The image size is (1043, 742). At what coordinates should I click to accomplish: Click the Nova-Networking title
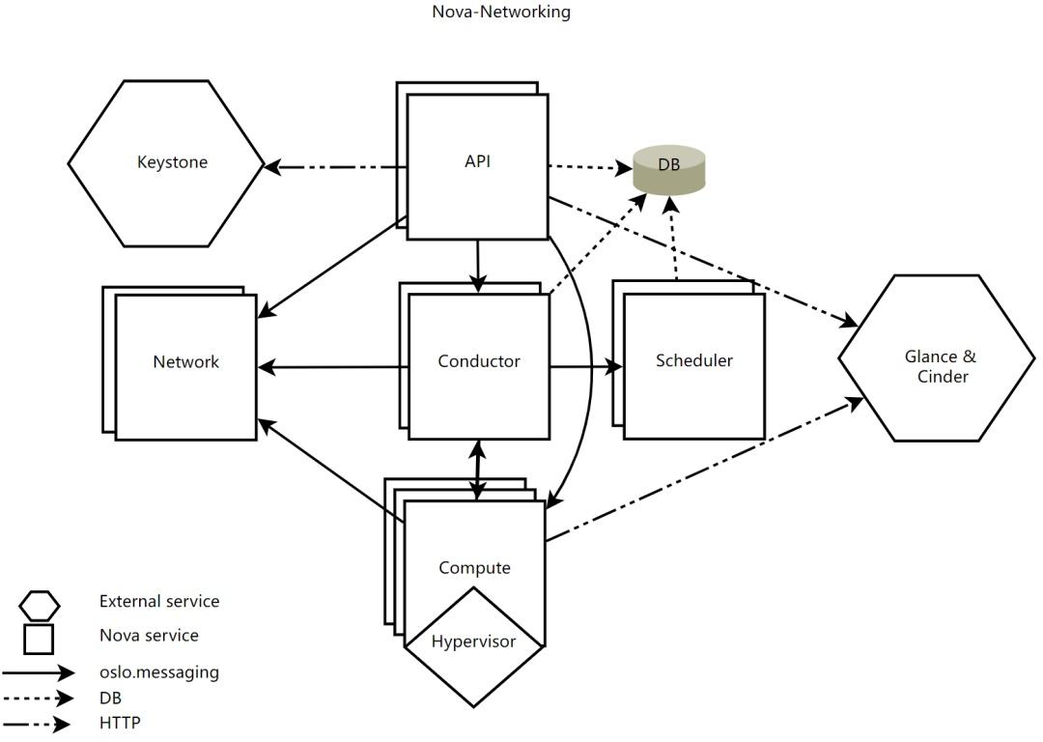point(501,12)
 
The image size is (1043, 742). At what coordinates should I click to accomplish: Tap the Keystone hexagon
point(166,163)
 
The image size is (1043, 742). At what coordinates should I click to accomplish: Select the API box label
point(478,161)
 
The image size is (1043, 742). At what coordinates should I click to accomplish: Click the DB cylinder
point(668,169)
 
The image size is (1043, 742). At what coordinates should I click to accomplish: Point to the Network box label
point(185,362)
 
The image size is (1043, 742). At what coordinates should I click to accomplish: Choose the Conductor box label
point(479,361)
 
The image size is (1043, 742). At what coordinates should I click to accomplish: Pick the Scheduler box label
point(693,360)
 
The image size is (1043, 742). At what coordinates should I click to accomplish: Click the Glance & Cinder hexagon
point(937,358)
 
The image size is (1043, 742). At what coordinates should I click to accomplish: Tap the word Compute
point(474,568)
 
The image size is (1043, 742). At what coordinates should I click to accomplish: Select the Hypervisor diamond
point(473,646)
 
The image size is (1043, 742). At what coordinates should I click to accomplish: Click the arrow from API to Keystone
point(336,166)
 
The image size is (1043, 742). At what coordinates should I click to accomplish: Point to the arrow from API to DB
point(590,167)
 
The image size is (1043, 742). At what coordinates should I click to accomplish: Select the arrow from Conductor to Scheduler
point(586,366)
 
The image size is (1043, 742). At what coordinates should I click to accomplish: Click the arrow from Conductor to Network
point(332,367)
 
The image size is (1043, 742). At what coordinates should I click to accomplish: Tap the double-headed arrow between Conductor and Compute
point(478,470)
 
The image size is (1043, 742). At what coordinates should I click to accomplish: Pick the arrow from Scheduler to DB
point(672,239)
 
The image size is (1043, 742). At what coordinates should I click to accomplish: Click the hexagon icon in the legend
point(40,606)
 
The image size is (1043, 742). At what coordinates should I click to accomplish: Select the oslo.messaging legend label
point(159,672)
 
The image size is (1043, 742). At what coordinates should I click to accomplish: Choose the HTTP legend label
point(120,722)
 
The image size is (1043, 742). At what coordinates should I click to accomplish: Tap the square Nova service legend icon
point(39,639)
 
